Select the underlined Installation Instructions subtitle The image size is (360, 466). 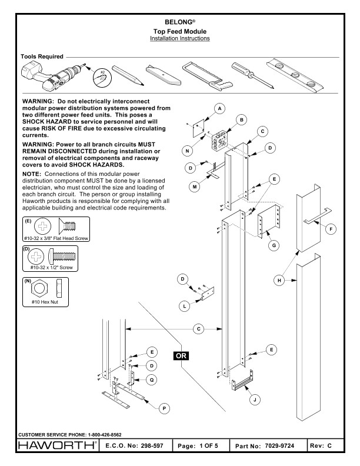pos(179,38)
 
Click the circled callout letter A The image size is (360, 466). pos(219,109)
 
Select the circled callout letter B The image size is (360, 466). pos(239,120)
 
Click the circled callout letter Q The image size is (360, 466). pos(153,380)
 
